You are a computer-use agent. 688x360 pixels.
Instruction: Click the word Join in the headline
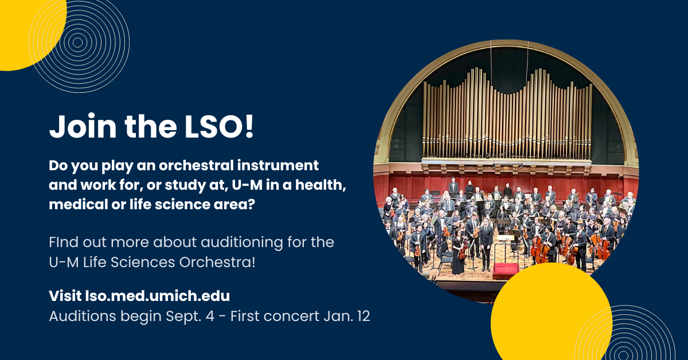[x=83, y=126]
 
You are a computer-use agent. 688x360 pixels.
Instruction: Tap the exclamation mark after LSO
[x=249, y=126]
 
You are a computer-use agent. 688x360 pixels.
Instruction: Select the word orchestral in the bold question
[x=196, y=165]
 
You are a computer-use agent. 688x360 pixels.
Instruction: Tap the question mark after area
[x=251, y=205]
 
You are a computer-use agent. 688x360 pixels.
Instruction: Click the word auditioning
[x=242, y=242]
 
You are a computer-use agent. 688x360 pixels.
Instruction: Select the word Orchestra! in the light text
[x=217, y=263]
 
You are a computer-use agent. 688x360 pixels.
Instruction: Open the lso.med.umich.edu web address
[x=157, y=296]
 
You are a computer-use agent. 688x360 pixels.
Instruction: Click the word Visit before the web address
[x=65, y=296]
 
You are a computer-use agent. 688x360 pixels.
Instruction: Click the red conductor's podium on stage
[x=505, y=268]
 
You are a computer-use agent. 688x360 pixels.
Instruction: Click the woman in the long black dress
[x=458, y=252]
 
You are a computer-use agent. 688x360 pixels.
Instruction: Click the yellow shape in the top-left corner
[x=28, y=31]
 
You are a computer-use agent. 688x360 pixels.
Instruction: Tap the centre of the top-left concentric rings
[x=78, y=42]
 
